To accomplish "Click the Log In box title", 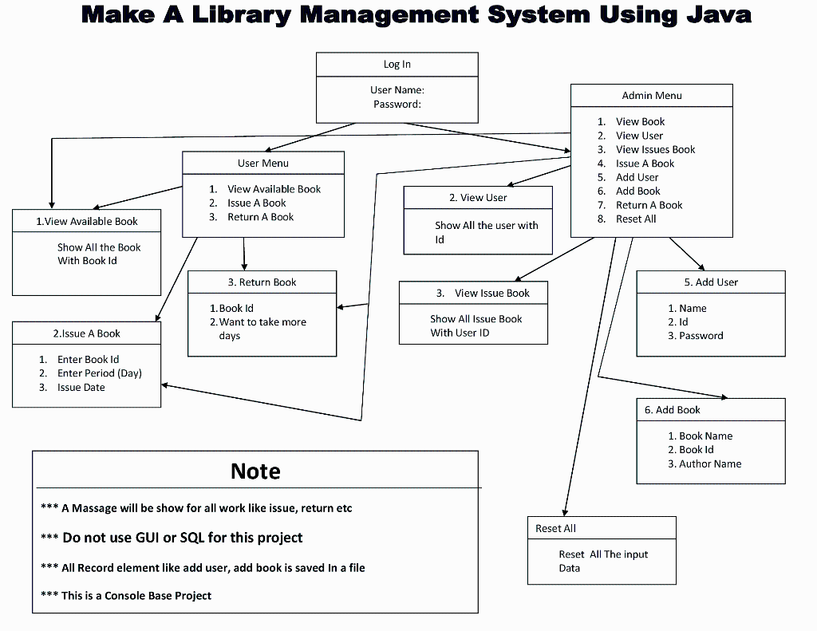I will click(397, 65).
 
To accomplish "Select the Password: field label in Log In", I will click(397, 105).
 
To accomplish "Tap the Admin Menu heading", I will click(652, 96).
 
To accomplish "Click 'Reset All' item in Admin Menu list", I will click(636, 219).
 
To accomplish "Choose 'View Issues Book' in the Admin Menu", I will click(655, 150).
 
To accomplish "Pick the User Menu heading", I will click(263, 164).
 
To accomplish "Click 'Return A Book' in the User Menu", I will click(260, 217).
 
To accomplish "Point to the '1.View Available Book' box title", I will click(87, 222).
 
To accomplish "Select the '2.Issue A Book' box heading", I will click(87, 333).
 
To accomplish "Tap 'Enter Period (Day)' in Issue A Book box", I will click(99, 373).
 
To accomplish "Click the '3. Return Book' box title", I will click(262, 282).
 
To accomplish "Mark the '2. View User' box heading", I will click(478, 198).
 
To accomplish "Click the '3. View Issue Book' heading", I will click(483, 294).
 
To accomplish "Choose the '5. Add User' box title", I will click(711, 282).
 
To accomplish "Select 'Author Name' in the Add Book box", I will click(710, 464).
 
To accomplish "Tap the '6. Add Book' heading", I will click(673, 410).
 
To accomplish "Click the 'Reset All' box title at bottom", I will click(555, 529).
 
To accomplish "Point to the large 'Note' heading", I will click(255, 471).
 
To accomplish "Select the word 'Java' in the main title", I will click(710, 14).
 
